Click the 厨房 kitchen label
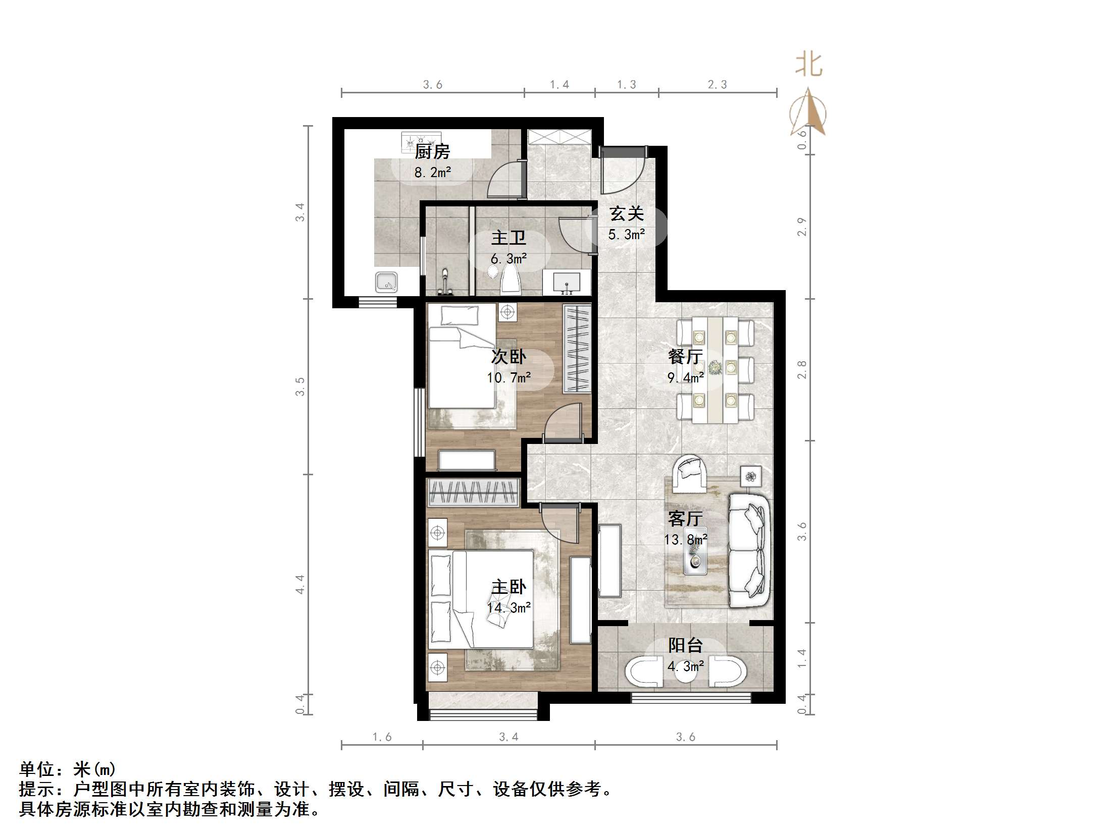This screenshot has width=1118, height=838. [432, 151]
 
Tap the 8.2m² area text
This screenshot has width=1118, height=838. [432, 173]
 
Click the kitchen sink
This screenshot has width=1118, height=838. [387, 282]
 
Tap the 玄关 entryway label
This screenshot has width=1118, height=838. [626, 214]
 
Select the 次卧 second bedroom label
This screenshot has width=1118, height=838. [509, 357]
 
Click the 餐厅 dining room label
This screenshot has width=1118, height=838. [685, 357]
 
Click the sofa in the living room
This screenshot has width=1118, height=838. [749, 550]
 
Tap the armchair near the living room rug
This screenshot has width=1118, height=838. [690, 473]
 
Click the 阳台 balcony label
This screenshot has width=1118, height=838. [685, 645]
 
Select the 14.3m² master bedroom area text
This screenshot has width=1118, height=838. [509, 607]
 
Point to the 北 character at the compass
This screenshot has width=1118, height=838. [809, 65]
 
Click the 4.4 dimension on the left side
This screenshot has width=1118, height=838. [300, 584]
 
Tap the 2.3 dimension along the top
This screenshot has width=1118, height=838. [717, 85]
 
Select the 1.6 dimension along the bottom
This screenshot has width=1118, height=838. [382, 737]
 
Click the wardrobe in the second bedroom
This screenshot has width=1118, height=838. [577, 349]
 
